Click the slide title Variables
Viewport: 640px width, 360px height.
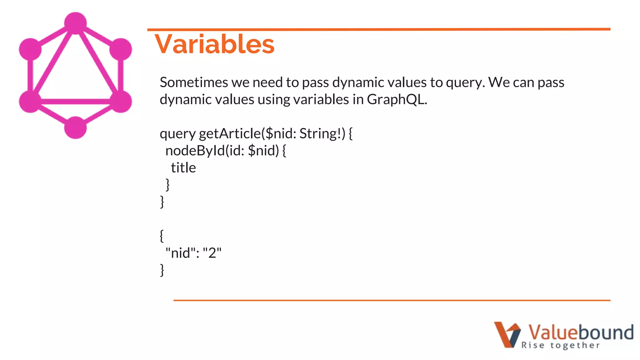pos(214,44)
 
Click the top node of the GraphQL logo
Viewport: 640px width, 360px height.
pos(75,23)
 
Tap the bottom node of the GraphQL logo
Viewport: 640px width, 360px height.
pos(75,127)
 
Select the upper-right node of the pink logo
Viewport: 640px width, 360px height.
pos(121,49)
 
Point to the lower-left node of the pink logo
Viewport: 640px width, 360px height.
pos(30,101)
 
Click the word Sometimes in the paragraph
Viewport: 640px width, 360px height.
pos(194,82)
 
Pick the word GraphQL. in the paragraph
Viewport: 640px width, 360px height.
pos(397,100)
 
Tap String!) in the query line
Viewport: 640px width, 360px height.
pos(322,133)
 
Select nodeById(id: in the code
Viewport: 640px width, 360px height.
pos(205,151)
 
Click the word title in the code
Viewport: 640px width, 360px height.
pos(183,168)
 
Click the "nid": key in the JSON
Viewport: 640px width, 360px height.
pos(182,253)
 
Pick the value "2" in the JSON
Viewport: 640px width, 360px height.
pos(212,253)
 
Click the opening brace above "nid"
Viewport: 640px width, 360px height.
pos(162,236)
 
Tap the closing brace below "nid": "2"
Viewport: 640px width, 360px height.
pos(162,270)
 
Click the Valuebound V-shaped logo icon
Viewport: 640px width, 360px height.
pos(507,334)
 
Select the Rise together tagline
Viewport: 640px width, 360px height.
pos(560,345)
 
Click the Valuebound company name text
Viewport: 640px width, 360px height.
pos(581,332)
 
